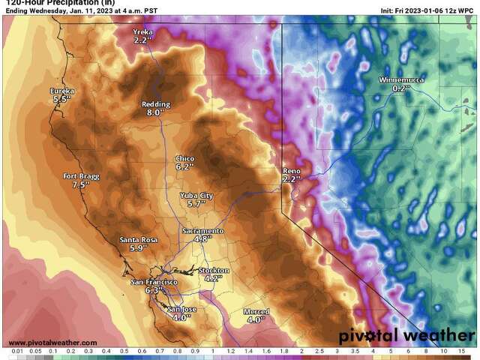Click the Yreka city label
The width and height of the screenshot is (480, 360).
pyautogui.click(x=142, y=32)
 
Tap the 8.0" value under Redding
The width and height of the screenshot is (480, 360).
pyautogui.click(x=154, y=112)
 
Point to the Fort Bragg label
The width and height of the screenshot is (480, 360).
pyautogui.click(x=80, y=176)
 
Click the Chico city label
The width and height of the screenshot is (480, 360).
pyautogui.click(x=184, y=159)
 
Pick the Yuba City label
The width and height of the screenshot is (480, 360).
pyautogui.click(x=196, y=195)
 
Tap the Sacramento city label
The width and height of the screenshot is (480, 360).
pyautogui.click(x=202, y=230)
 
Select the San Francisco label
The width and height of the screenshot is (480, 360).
pyautogui.click(x=153, y=281)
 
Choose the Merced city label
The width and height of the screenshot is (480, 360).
pyautogui.click(x=256, y=311)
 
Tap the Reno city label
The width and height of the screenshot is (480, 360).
pyautogui.click(x=291, y=171)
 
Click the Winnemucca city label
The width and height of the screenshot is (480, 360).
pyautogui.click(x=397, y=79)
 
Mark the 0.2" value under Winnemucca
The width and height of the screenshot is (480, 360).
pyautogui.click(x=397, y=88)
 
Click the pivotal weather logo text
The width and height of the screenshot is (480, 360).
pyautogui.click(x=405, y=336)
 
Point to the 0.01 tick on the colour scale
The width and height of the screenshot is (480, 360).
pyautogui.click(x=16, y=351)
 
